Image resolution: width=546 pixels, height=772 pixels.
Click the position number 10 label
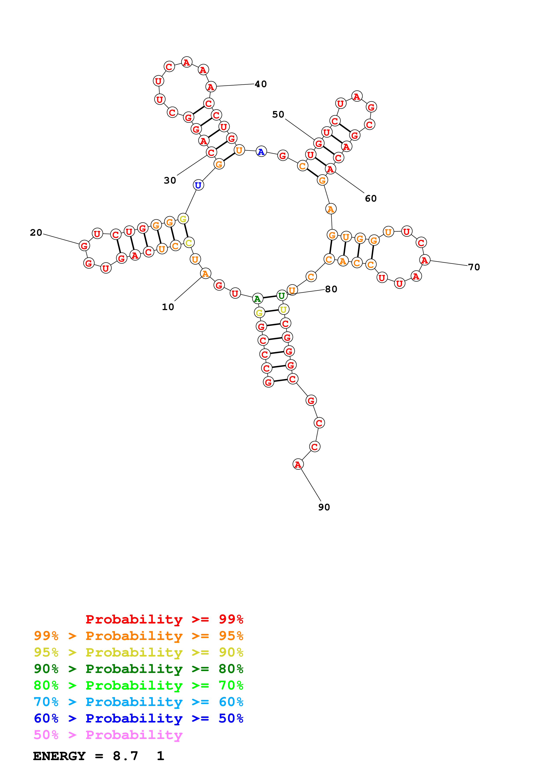(168, 307)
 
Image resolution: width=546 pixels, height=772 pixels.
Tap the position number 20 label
(36, 233)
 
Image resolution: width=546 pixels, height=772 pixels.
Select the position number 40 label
(261, 84)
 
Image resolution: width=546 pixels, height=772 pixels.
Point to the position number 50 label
(278, 115)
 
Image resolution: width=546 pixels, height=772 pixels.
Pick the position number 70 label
(474, 267)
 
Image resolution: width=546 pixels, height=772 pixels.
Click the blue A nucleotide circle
(261, 152)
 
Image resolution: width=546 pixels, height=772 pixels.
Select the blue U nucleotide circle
(198, 185)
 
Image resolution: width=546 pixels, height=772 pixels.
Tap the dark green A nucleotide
(257, 298)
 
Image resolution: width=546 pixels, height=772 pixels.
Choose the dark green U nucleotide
(281, 296)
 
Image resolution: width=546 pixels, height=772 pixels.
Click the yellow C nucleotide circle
(189, 243)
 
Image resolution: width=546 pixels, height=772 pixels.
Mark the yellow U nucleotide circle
(283, 309)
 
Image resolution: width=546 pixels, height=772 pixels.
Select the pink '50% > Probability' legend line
(108, 735)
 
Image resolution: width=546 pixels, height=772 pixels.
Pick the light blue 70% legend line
(138, 702)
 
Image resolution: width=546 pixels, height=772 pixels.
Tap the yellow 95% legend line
(138, 652)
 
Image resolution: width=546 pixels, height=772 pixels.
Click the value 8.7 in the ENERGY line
(126, 756)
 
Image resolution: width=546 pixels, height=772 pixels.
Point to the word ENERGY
(59, 756)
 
